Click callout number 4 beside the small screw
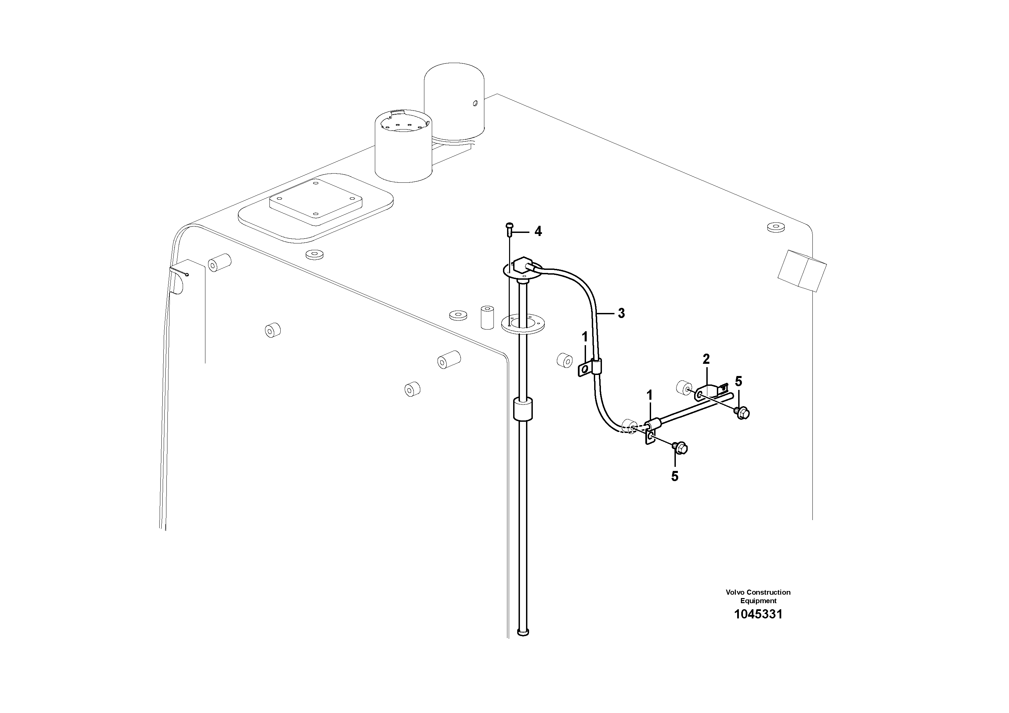coord(538,232)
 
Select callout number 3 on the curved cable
coord(621,313)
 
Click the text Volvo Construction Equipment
coord(758,596)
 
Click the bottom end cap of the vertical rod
coord(523,633)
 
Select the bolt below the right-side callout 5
coord(742,412)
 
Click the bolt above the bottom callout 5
coord(680,448)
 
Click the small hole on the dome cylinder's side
coord(475,104)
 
